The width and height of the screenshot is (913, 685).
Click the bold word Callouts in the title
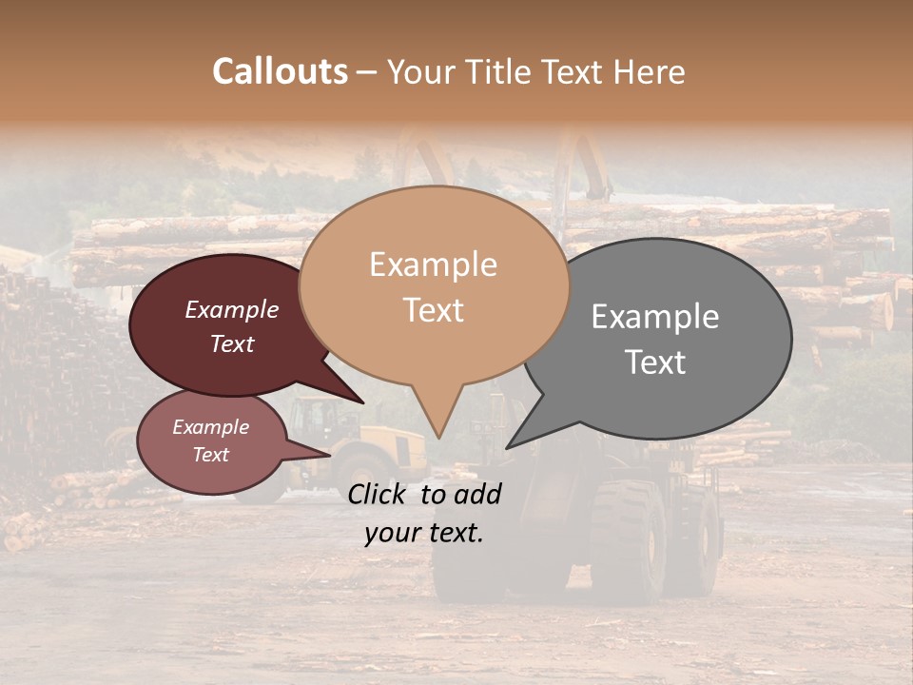pyautogui.click(x=280, y=71)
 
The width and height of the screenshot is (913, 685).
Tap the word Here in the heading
pyautogui.click(x=650, y=71)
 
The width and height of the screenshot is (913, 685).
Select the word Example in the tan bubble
pyautogui.click(x=433, y=264)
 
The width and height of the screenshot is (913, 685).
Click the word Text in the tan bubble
pyautogui.click(x=433, y=309)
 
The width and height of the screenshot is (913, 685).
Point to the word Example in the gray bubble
pyautogui.click(x=655, y=317)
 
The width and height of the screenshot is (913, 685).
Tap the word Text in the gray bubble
pyautogui.click(x=655, y=362)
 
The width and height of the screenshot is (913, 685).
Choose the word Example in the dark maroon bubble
pyautogui.click(x=231, y=310)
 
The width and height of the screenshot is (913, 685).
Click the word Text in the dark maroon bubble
pyautogui.click(x=231, y=343)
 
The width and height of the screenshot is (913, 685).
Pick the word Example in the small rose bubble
pyautogui.click(x=210, y=427)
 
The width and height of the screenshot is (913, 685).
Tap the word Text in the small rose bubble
pyautogui.click(x=210, y=455)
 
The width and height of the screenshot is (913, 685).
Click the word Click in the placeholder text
pyautogui.click(x=379, y=494)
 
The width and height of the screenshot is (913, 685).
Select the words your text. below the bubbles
pyautogui.click(x=424, y=534)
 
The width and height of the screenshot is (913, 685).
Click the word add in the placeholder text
pyautogui.click(x=477, y=494)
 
